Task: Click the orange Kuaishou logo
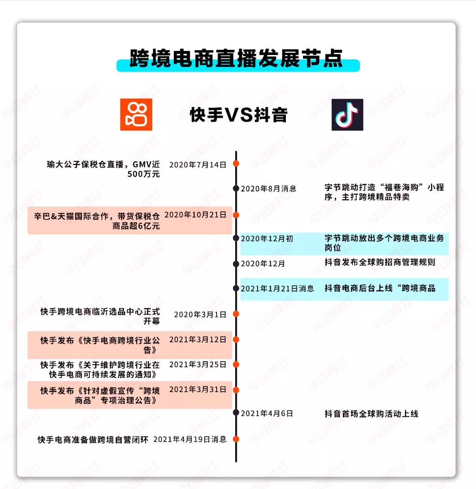(136, 115)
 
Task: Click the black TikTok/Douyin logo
(347, 115)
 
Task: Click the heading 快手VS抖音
(239, 115)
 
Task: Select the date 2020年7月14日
(198, 165)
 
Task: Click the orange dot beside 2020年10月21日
(236, 215)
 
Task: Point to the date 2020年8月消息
(268, 189)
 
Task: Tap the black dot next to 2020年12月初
(236, 238)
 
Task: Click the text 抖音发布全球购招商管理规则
(380, 262)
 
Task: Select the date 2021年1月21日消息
(277, 289)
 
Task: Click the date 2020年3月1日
(200, 315)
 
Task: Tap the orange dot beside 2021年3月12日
(236, 340)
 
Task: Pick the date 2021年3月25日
(198, 365)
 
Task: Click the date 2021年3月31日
(198, 389)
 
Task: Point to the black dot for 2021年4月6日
(236, 413)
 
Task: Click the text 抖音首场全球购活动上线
(371, 414)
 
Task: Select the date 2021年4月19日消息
(190, 439)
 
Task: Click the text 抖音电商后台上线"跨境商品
(380, 288)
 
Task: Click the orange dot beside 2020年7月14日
(236, 163)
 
